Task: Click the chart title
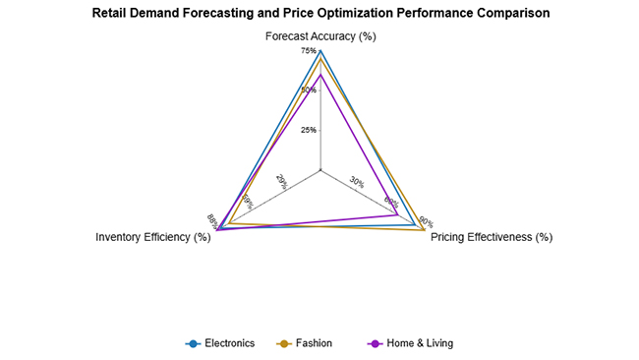coord(319,14)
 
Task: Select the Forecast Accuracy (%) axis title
coord(320,36)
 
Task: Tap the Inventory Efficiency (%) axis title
coord(152,237)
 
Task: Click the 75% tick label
coord(309,51)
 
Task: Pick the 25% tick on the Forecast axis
coord(309,130)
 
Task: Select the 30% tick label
coord(357,182)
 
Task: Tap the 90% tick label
coord(426,221)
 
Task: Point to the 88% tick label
coord(212,219)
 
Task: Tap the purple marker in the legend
coord(374,343)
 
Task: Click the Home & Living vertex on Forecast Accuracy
coord(320,75)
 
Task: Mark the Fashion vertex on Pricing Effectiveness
coord(423,230)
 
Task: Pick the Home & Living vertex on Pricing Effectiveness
coord(397,214)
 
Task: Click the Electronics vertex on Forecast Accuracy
coord(320,50)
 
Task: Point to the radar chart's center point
coord(320,170)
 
